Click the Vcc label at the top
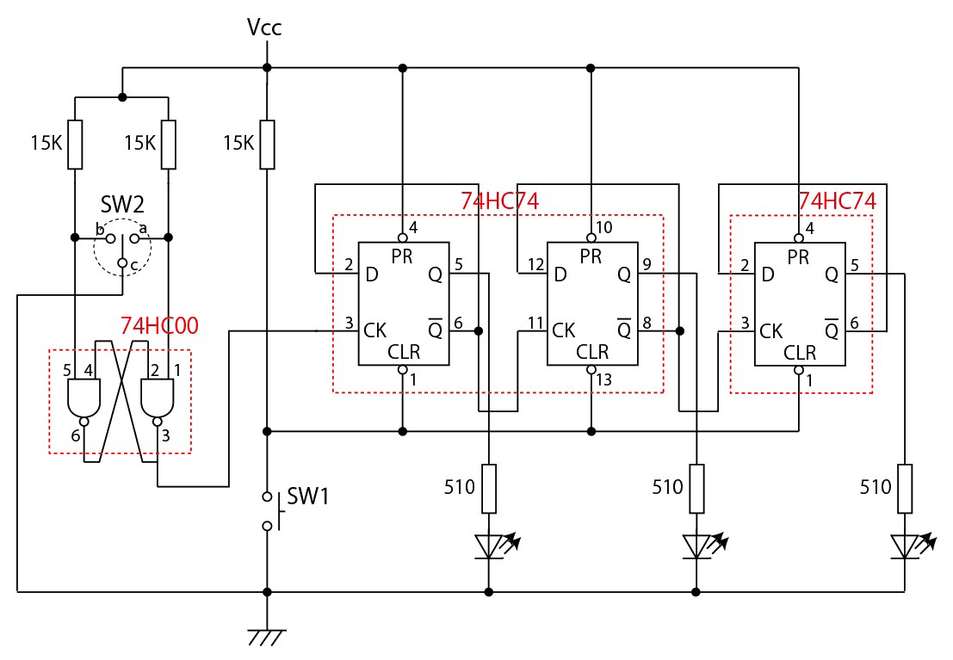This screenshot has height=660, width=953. point(264,28)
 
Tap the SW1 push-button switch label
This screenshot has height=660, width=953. point(307,496)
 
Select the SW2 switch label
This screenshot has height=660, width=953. point(122,205)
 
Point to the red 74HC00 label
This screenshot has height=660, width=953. point(160,325)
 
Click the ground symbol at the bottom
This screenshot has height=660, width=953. point(267,638)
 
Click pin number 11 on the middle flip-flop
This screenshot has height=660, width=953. point(535,323)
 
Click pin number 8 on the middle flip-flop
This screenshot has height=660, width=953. point(647,323)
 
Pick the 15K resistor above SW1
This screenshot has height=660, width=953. point(267,144)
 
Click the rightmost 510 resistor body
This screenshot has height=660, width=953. point(905,488)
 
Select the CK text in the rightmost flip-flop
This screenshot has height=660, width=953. point(771,330)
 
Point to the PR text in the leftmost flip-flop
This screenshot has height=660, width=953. point(401,256)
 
